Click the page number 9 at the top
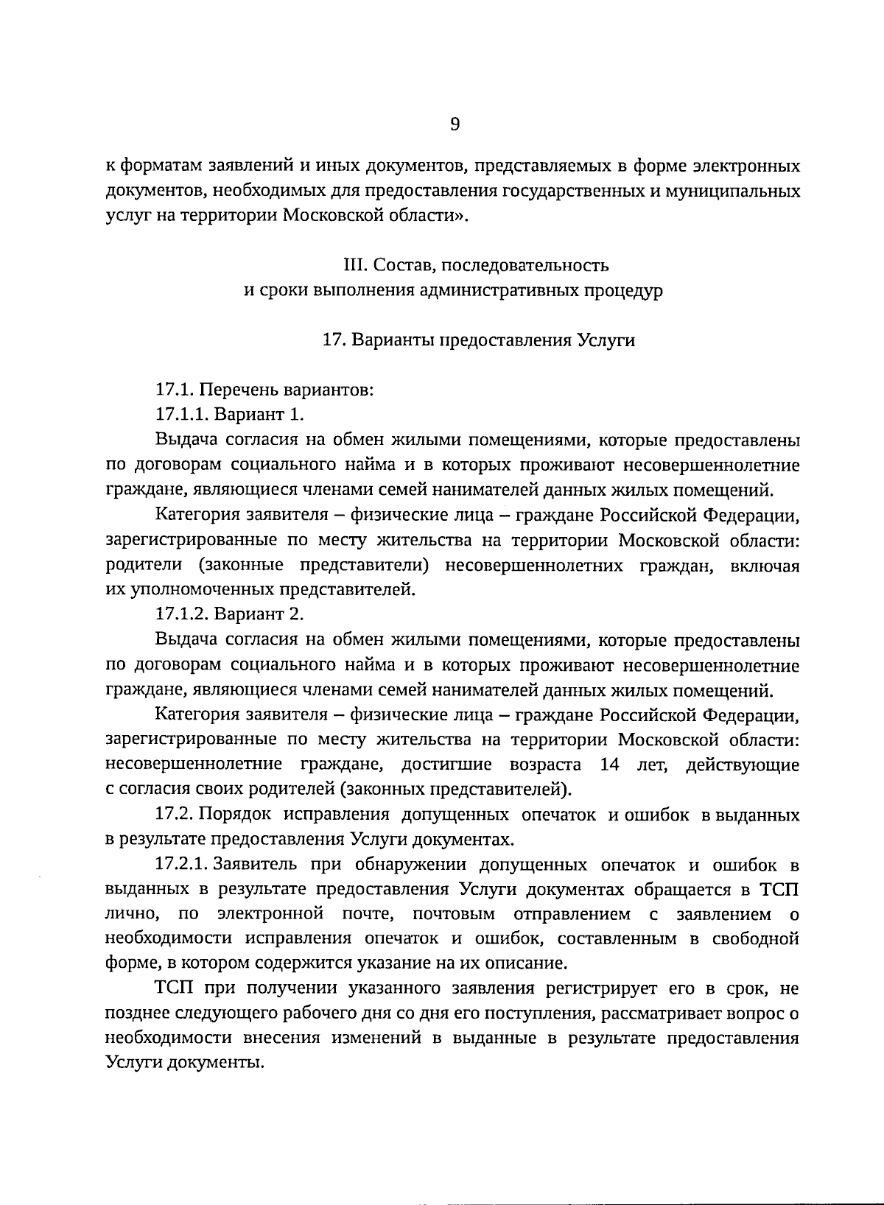455,124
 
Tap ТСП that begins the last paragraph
175,988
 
